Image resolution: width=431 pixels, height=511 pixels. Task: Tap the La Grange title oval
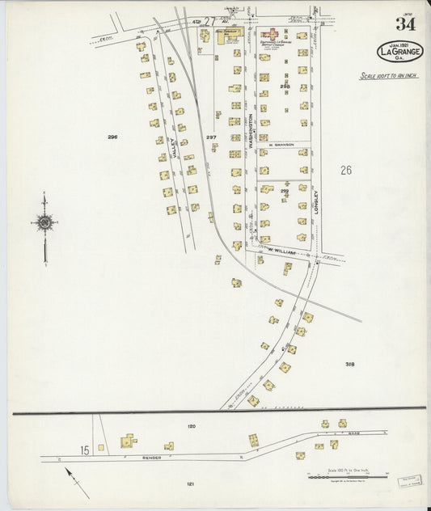pyautogui.click(x=400, y=51)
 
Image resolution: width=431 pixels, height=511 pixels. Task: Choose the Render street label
pyautogui.click(x=152, y=457)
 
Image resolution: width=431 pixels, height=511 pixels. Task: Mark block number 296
pyautogui.click(x=112, y=137)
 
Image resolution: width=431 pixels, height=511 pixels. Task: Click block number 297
pyautogui.click(x=211, y=137)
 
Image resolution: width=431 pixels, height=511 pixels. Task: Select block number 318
pyautogui.click(x=349, y=364)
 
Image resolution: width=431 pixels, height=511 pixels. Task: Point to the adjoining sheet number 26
pyautogui.click(x=346, y=170)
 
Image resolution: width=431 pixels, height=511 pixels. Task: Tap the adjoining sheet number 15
pyautogui.click(x=84, y=449)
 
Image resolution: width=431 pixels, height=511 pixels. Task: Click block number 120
pyautogui.click(x=191, y=425)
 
